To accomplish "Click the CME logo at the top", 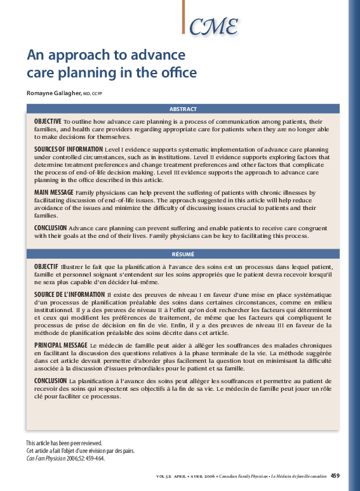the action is click(214, 26).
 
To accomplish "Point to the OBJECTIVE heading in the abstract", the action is click(48, 121).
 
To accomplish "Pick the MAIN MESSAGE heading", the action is click(54, 192).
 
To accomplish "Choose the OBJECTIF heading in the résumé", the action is click(46, 266).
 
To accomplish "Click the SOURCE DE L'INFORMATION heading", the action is click(69, 294).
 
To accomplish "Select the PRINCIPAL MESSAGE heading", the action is click(61, 344).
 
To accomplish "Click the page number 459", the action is click(335, 475).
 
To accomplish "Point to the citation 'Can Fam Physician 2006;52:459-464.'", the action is click(65, 457).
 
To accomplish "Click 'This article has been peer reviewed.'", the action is click(64, 443).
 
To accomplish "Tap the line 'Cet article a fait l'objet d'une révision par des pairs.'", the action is click(80, 450).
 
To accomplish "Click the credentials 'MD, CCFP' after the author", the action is click(93, 94).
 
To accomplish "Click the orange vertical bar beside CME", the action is click(183, 16).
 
